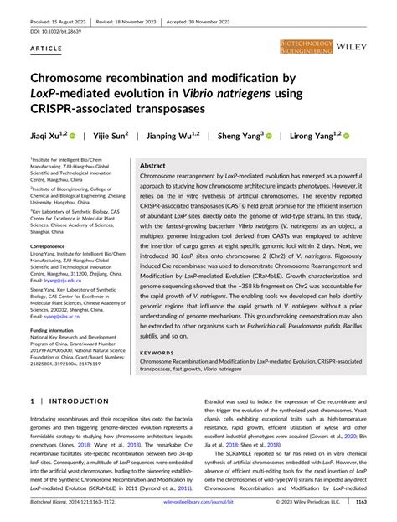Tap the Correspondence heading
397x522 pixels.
click(54, 246)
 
